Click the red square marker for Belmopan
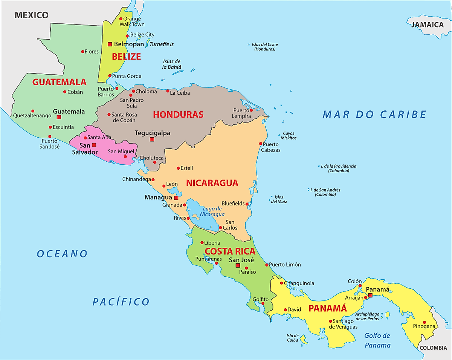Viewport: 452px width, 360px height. coord(110,44)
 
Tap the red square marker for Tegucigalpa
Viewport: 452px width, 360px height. coord(152,139)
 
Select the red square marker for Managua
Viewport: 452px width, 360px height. coord(176,198)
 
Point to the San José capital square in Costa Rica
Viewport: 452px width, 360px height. coord(238,265)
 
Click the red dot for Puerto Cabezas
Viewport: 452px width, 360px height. coord(261,144)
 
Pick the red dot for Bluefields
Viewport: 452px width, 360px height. coord(247,204)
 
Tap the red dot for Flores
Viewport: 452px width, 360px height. coord(82,52)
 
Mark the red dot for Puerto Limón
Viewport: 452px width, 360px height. coord(267,265)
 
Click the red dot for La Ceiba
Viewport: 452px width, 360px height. coord(168,91)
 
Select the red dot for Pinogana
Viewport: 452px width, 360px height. coord(424,322)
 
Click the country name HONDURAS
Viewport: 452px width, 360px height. coord(178,115)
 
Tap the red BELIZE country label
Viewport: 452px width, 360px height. coord(126,57)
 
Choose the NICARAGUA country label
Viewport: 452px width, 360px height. coord(212,183)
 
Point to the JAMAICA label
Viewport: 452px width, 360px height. coord(427,25)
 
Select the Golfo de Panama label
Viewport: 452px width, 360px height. coord(377,340)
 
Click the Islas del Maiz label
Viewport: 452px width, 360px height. coord(279,199)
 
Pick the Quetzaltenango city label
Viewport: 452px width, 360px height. coord(32,116)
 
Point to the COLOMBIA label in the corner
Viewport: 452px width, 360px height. coord(434,348)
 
